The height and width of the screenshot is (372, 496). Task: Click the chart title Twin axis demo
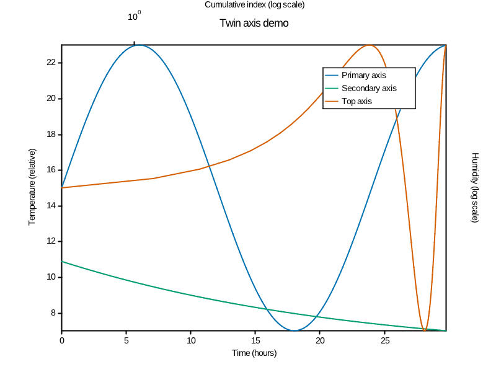254,24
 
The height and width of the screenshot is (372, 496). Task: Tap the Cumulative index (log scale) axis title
254,5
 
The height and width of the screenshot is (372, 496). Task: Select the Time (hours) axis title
254,353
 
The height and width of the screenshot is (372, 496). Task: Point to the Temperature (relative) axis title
32,187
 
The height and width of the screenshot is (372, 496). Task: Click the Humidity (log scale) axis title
475,187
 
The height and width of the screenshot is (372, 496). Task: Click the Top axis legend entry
356,101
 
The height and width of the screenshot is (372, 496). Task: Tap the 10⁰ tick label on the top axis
135,17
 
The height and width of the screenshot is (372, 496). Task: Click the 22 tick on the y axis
51,63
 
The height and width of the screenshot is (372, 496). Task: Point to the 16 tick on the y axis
51,170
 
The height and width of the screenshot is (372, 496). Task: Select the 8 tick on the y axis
53,313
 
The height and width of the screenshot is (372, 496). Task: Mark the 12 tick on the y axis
51,241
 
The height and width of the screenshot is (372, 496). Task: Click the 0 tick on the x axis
61,340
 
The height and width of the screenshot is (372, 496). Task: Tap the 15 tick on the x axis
255,340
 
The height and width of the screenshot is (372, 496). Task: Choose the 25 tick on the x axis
385,340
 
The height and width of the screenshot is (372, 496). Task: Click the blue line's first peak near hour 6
139,45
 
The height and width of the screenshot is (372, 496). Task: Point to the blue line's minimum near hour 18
294,330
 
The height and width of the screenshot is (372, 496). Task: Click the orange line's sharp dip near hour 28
424,330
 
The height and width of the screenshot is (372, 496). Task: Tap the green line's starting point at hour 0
62,262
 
